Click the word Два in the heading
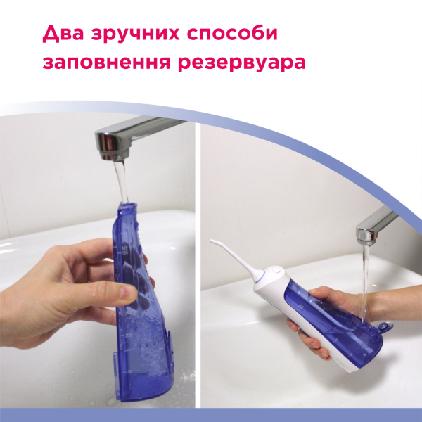tap(63, 34)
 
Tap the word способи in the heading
tap(232, 34)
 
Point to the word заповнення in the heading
tap(107, 63)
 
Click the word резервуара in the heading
tap(242, 64)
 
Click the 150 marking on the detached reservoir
tap(124, 252)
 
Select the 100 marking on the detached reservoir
tap(129, 335)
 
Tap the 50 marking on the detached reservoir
tap(130, 372)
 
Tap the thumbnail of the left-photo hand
tap(127, 293)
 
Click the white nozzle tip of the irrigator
tap(212, 241)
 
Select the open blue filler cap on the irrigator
tap(385, 326)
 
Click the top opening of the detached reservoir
tap(127, 205)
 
